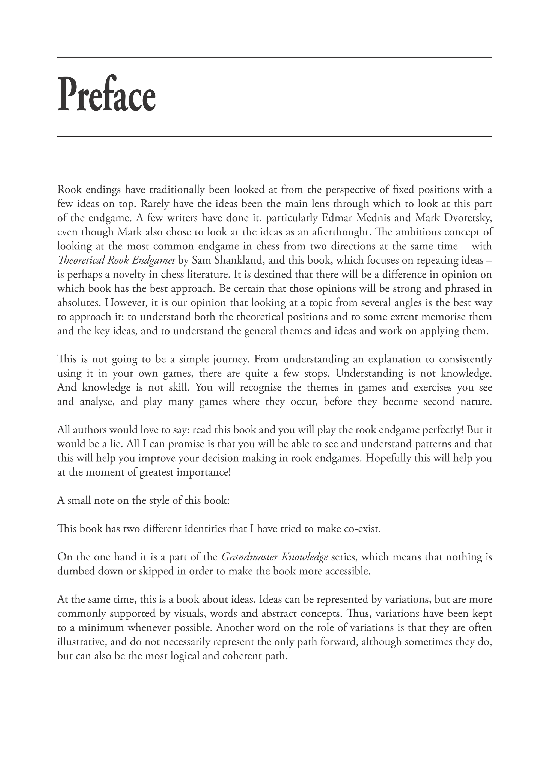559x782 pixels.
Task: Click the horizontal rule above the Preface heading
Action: (274, 57)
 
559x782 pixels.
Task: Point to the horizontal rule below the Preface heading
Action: (274, 137)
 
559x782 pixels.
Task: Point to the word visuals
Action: (191, 613)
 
